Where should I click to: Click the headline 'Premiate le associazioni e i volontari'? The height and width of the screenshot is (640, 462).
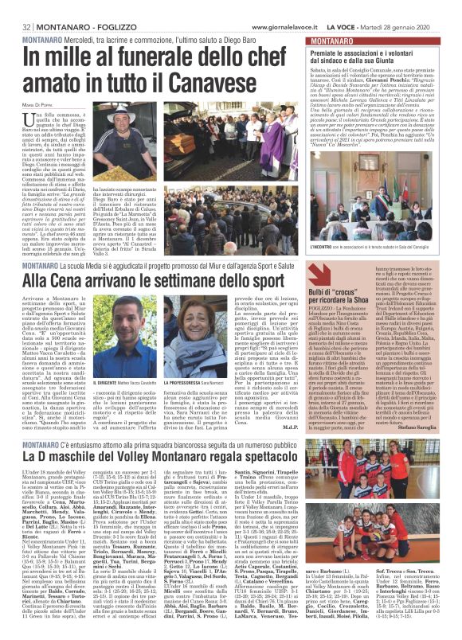click(x=375, y=52)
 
